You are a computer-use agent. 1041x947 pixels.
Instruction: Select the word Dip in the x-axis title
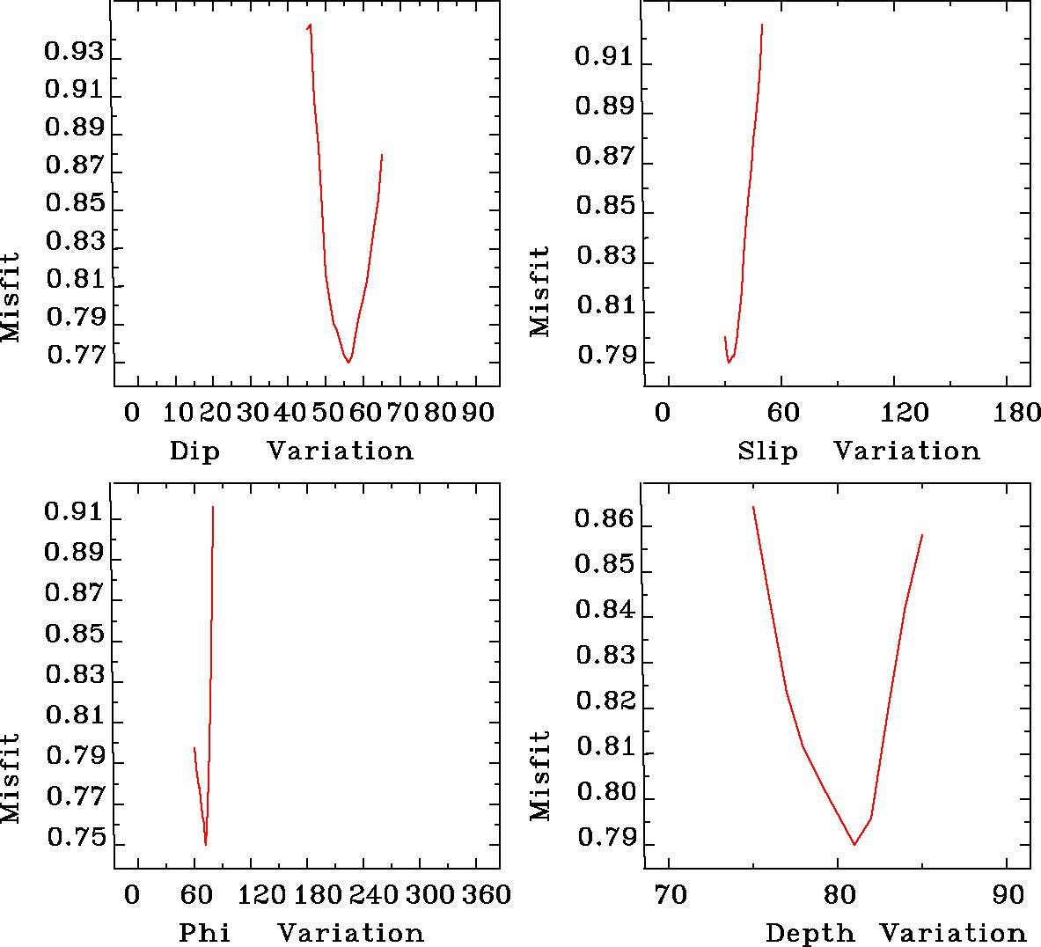(x=194, y=451)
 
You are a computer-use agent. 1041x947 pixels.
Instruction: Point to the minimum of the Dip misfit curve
(x=349, y=362)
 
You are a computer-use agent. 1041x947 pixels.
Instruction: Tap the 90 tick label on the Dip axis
(x=480, y=412)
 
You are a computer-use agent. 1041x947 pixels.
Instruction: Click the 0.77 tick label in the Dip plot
(x=73, y=356)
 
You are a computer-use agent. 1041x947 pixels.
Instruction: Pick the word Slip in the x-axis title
(x=768, y=451)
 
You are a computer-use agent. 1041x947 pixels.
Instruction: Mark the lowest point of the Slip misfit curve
(x=729, y=363)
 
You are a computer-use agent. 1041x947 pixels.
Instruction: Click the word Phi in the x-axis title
(x=205, y=932)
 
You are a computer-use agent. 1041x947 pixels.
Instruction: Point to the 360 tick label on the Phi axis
(x=486, y=894)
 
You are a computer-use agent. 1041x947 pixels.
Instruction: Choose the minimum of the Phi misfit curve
(x=206, y=844)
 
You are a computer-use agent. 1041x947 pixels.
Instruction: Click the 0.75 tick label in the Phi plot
(x=73, y=838)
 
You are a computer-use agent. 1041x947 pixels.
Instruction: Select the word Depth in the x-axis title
(x=810, y=933)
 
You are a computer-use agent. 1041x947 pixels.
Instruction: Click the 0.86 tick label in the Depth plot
(x=604, y=519)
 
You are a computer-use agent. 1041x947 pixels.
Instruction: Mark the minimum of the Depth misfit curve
(x=854, y=844)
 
